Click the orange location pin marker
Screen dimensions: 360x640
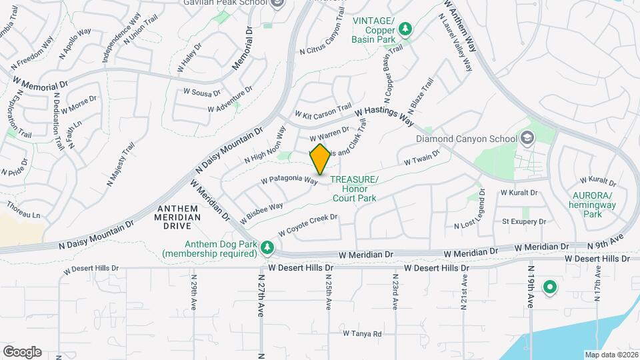pyautogui.click(x=320, y=159)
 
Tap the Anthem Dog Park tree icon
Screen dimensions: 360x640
pyautogui.click(x=267, y=248)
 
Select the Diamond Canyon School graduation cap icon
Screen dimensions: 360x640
pyautogui.click(x=527, y=139)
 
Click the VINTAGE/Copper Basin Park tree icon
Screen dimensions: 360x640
pyautogui.click(x=405, y=29)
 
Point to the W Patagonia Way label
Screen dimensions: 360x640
pyautogui.click(x=289, y=180)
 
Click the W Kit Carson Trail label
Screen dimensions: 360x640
pyautogui.click(x=323, y=111)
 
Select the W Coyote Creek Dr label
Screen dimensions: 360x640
pyautogui.click(x=308, y=225)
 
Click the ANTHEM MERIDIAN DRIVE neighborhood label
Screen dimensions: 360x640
pyautogui.click(x=177, y=217)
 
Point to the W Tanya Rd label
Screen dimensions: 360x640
pyautogui.click(x=362, y=333)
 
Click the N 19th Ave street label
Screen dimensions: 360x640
pyautogui.click(x=531, y=291)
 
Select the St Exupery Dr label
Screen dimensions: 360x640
pyautogui.click(x=524, y=221)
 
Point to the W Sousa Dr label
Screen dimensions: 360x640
pyautogui.click(x=201, y=92)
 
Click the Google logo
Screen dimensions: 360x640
pyautogui.click(x=22, y=351)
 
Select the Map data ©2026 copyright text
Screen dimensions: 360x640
pyautogui.click(x=611, y=355)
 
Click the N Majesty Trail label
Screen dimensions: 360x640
pyautogui.click(x=120, y=163)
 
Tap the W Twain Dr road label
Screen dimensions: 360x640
pyautogui.click(x=423, y=158)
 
